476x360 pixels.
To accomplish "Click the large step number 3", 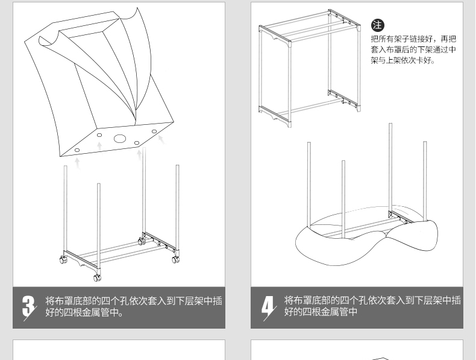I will click(28, 306).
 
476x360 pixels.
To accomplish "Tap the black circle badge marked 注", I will click(377, 25).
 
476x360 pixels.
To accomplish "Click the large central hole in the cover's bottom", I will click(120, 139).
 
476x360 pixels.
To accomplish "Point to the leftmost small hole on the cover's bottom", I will click(77, 150).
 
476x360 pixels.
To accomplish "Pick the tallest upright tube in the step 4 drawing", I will click(390, 169).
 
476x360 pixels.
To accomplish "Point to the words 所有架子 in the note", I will click(393, 39).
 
